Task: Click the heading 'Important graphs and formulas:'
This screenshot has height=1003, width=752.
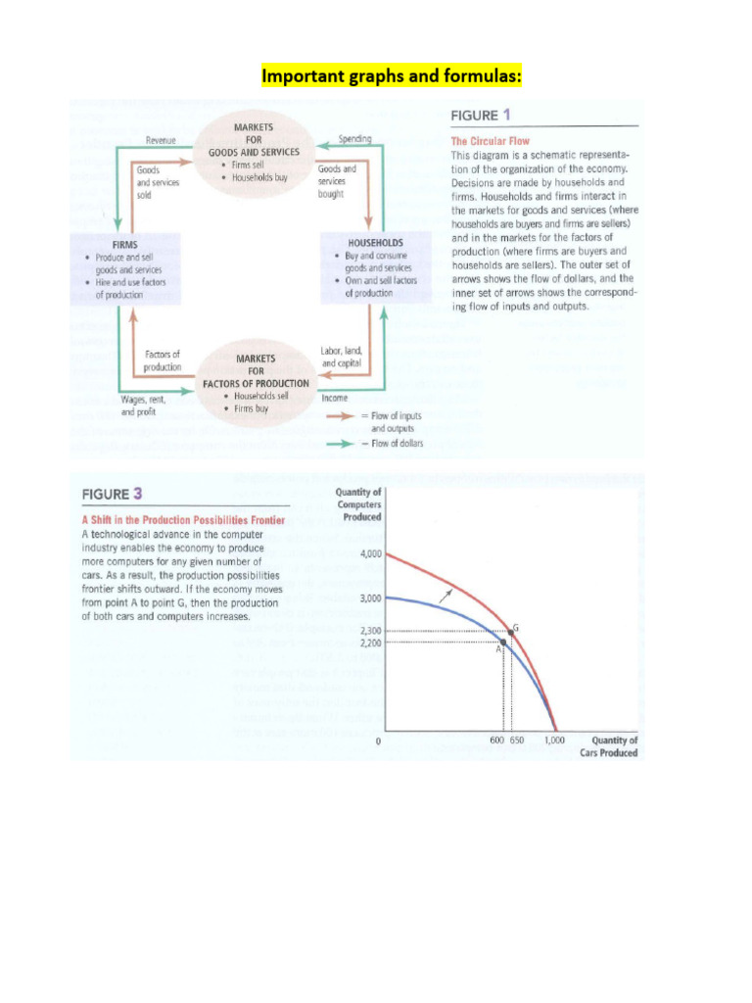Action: [377, 75]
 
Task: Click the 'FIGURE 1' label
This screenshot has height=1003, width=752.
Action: [487, 116]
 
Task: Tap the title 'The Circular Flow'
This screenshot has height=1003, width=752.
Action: [490, 141]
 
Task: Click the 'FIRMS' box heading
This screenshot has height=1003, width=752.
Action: [124, 244]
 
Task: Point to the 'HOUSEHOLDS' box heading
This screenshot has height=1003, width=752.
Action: [376, 241]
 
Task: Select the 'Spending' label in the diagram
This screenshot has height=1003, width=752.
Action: [353, 140]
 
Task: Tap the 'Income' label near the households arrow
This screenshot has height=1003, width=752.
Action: [335, 399]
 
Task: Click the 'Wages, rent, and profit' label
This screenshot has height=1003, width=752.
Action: [143, 406]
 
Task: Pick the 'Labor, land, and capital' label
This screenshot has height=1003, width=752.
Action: [342, 357]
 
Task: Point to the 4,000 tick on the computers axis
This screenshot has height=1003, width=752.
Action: [370, 553]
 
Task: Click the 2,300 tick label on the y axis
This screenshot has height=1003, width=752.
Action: [370, 632]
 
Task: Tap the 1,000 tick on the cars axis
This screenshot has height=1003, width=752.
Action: [555, 740]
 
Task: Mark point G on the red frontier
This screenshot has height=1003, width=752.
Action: [510, 631]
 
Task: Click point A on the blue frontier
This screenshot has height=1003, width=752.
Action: [503, 643]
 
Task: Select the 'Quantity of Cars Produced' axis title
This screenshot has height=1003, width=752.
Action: [615, 746]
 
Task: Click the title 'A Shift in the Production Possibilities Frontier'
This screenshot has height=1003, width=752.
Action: [183, 519]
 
